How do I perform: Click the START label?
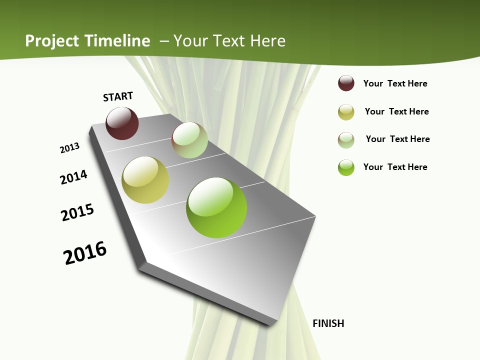tap(118, 96)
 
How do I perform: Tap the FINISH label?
tap(328, 323)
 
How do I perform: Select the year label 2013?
tap(69, 148)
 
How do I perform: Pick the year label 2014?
tap(73, 177)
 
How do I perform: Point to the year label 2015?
tap(77, 212)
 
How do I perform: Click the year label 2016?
tap(85, 252)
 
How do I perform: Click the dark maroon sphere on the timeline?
tap(122, 123)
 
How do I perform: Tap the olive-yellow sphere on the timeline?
tap(145, 180)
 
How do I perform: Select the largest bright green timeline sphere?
tap(216, 207)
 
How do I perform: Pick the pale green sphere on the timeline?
tap(189, 140)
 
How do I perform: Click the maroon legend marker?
tap(346, 83)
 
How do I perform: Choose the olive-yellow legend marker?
tap(346, 111)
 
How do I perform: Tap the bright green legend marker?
tap(346, 167)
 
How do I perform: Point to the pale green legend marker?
tap(346, 139)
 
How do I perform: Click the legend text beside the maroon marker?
tap(395, 83)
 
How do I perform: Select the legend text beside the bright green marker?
tap(395, 167)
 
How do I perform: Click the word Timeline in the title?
tap(117, 41)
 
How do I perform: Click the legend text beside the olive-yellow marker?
tap(396, 111)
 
